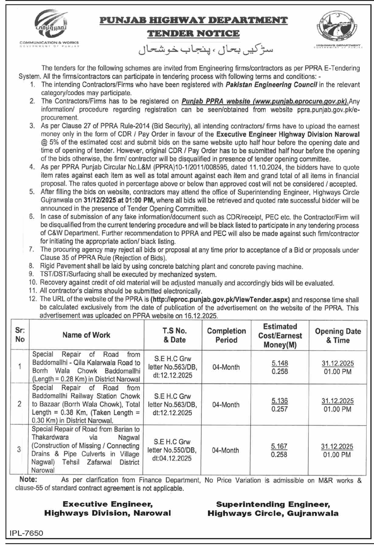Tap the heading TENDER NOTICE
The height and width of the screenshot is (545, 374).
tap(193, 33)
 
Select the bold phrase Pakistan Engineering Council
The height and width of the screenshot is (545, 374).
tap(271, 85)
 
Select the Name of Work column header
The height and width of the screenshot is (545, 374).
tap(86, 335)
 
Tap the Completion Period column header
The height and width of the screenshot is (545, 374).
tap(226, 335)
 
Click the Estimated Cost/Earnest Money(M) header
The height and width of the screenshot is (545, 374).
tap(280, 335)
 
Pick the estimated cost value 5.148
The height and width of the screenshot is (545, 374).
tap(280, 363)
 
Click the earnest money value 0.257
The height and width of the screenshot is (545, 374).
tap(279, 409)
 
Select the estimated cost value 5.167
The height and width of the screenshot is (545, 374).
tap(279, 446)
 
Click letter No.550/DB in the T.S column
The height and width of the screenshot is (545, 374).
tap(172, 450)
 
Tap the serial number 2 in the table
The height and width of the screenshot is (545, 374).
tap(19, 404)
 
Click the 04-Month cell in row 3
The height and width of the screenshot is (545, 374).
tap(225, 450)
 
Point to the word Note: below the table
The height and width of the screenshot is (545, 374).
tap(28, 480)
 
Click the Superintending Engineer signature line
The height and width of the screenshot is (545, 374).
tap(273, 504)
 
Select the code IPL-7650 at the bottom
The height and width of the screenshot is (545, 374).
tap(26, 533)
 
